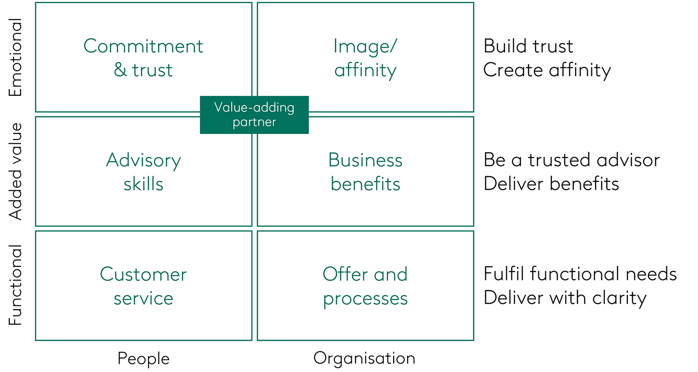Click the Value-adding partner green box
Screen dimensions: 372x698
254,115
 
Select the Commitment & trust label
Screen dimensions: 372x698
143,58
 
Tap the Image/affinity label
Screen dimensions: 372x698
365,58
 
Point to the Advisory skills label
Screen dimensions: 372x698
143,172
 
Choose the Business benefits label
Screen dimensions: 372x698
365,172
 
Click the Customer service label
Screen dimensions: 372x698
143,286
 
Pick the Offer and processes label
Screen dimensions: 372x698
365,286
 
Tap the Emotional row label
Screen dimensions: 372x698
15,57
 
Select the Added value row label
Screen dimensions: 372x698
15,171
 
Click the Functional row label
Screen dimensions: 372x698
15,285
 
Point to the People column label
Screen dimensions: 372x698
143,359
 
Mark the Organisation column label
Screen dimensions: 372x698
364,358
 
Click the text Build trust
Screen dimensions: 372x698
528,46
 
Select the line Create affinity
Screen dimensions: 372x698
547,70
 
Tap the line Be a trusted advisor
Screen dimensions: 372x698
571,160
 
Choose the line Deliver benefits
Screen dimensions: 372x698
551,184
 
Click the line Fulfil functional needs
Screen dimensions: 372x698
580,274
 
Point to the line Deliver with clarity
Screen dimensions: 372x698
565,298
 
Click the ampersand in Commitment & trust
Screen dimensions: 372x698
120,70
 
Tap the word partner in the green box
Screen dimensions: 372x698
254,122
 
